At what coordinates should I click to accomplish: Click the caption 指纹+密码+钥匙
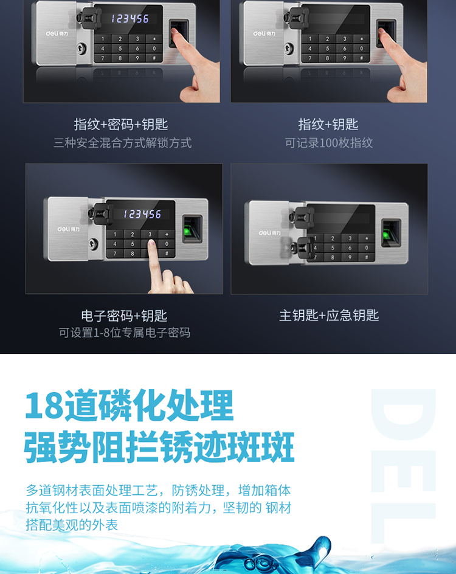coord(121,125)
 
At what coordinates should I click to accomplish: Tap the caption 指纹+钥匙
coord(328,125)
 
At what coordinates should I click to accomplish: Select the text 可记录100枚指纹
coord(329,143)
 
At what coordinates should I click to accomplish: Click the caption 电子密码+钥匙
coord(124,316)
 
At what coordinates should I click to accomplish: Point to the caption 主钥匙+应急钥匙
coord(329,315)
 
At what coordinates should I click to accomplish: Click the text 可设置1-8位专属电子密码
coord(125,333)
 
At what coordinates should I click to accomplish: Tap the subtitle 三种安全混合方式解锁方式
coord(122,143)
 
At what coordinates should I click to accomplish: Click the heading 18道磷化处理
coord(129,405)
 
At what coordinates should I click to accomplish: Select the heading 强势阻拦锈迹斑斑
coord(159,447)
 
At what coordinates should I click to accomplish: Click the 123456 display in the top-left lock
coord(130,19)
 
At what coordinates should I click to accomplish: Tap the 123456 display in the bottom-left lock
coord(142,214)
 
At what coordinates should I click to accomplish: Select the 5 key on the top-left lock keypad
coord(120,49)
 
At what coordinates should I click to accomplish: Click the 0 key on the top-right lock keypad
coord(362,49)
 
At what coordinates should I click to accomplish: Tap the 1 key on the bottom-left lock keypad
coord(115,234)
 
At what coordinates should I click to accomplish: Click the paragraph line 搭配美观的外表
coord(72,525)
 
